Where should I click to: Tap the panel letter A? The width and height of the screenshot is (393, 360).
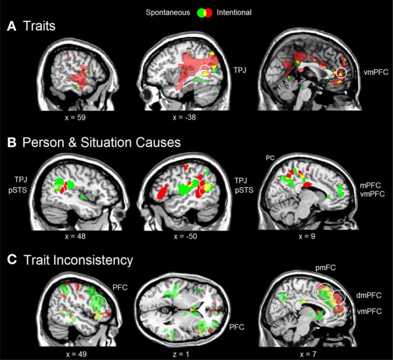(11, 27)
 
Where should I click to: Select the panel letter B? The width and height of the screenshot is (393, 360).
(11, 145)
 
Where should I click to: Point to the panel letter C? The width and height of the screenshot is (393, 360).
(11, 259)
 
